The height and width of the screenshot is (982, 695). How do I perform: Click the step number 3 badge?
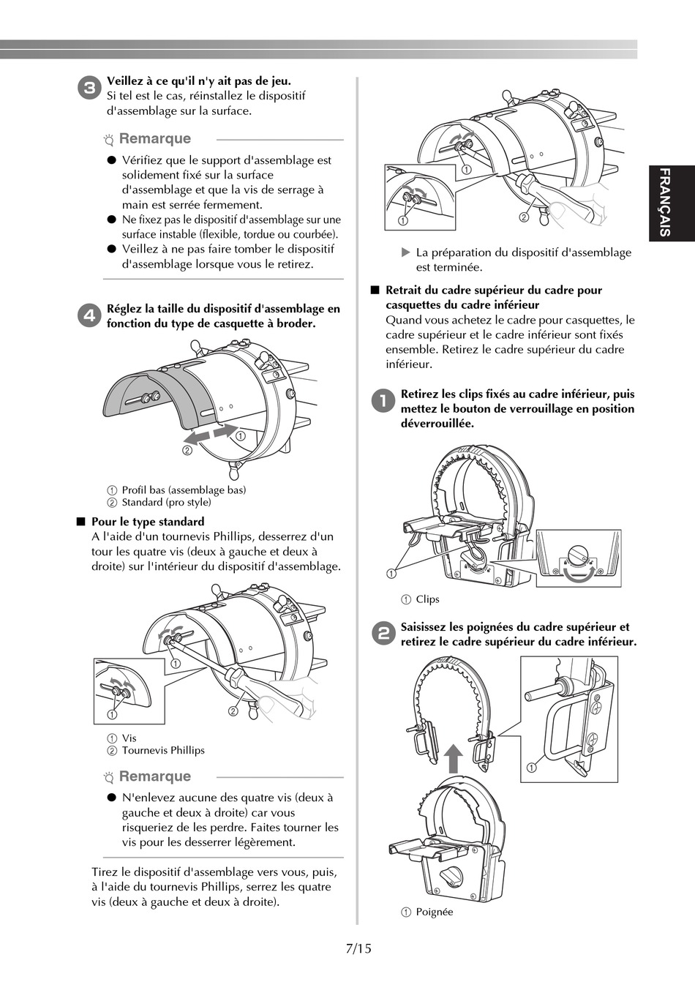pos(89,89)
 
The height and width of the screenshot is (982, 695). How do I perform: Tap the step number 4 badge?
pos(89,316)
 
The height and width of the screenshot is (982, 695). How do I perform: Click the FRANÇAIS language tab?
pos(664,203)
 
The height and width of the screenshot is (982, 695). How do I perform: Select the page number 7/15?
pos(358,948)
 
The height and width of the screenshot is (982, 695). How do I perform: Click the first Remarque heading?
pos(154,138)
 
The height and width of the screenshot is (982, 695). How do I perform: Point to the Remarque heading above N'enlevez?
pos(154,776)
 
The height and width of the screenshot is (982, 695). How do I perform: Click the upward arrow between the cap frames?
pos(454,759)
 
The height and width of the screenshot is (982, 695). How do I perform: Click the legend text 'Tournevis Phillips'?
pos(163,750)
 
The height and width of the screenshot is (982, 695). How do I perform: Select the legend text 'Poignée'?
pos(435,912)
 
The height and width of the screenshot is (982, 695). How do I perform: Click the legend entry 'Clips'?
pos(427,599)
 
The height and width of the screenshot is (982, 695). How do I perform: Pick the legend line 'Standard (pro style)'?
pos(166,502)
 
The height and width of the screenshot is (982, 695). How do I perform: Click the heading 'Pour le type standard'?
pos(148,522)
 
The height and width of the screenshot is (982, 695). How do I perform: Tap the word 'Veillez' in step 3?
pos(127,81)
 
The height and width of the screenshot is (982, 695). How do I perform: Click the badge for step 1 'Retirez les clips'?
pos(382,401)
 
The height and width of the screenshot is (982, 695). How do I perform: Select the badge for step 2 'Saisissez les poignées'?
pos(382,634)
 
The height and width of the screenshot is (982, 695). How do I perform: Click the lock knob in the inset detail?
pos(578,552)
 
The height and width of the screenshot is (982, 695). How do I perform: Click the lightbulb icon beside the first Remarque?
pos(109,139)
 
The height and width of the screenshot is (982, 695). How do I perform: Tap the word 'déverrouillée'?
pos(437,424)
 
